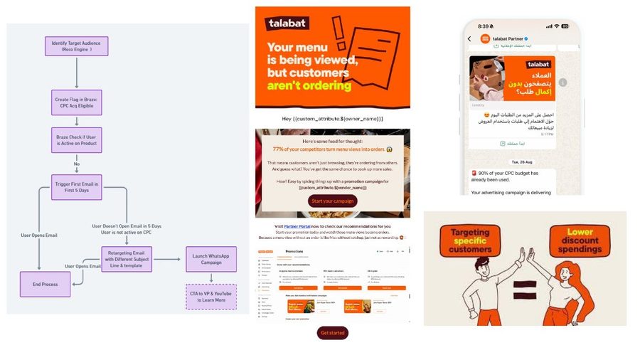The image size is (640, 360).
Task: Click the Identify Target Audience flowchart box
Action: tap(76, 47)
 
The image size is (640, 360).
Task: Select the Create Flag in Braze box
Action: tap(76, 101)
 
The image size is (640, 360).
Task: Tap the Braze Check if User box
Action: tap(76, 139)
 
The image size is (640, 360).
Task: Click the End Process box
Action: tap(46, 284)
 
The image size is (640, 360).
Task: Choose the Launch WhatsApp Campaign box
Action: tap(210, 259)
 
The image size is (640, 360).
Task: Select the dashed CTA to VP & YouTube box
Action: tap(210, 297)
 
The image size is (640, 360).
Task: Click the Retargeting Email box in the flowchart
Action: tap(131, 260)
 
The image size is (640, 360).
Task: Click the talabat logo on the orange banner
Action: tap(288, 23)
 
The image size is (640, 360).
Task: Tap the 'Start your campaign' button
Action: tap(333, 201)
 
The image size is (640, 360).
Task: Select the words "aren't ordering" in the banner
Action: tap(309, 86)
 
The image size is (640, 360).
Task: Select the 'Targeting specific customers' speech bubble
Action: tap(470, 240)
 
